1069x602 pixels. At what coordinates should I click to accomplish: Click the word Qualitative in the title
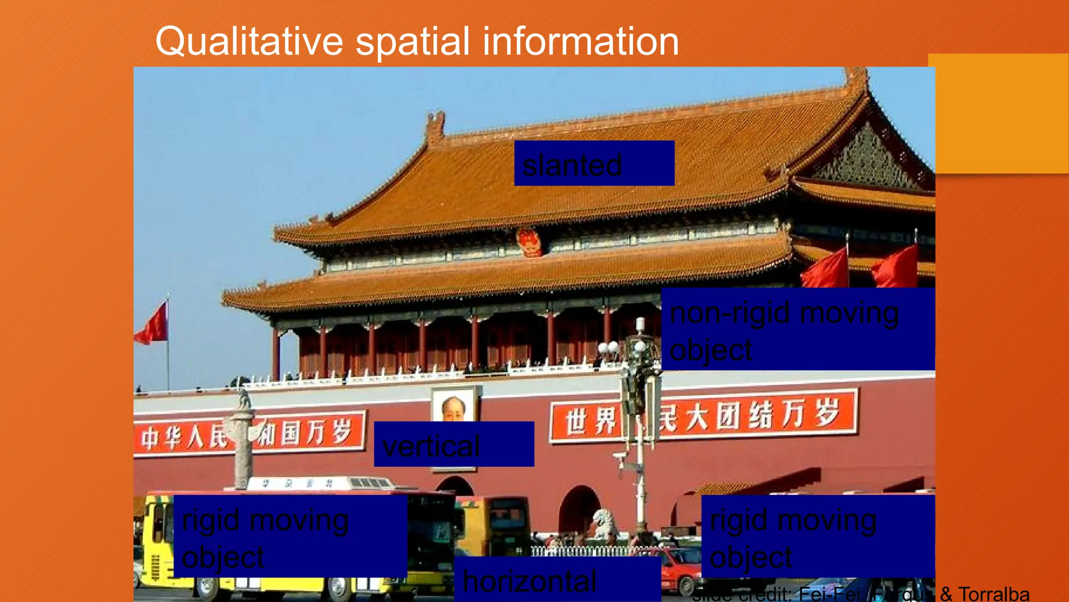coord(249,42)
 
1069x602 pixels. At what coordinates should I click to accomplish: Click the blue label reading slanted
coord(594,163)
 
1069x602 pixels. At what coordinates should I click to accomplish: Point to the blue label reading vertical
coord(454,444)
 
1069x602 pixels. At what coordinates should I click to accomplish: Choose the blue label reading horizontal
coord(557,580)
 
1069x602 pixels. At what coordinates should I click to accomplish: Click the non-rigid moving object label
coord(798,329)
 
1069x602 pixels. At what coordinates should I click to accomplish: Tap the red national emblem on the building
coord(529,241)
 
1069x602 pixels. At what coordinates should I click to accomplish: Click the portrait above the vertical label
coord(453,405)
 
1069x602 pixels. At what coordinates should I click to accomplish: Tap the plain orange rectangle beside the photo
coord(1001,113)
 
